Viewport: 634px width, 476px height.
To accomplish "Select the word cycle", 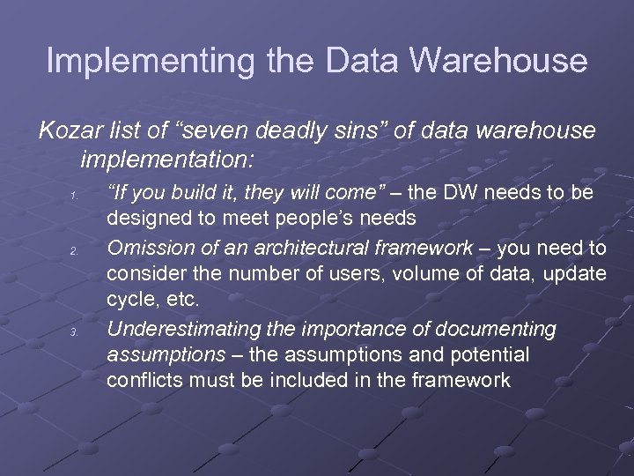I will pos(129,300).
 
